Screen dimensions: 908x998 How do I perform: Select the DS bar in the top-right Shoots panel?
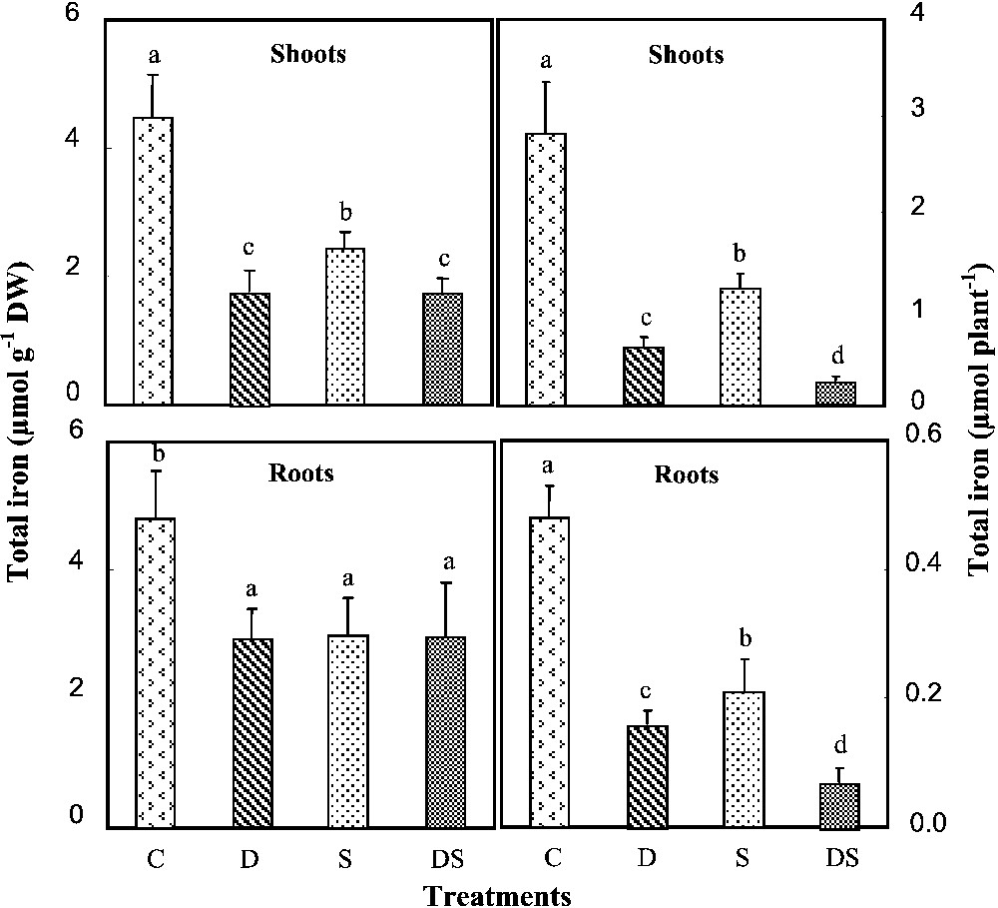(836, 393)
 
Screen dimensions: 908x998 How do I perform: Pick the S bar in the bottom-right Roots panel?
(741, 759)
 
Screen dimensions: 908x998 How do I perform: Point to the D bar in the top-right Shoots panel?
(645, 376)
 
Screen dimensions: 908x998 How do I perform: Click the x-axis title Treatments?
(496, 893)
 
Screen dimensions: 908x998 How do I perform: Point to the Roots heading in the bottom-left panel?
(301, 473)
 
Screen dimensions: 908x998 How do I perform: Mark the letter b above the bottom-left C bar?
(157, 454)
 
